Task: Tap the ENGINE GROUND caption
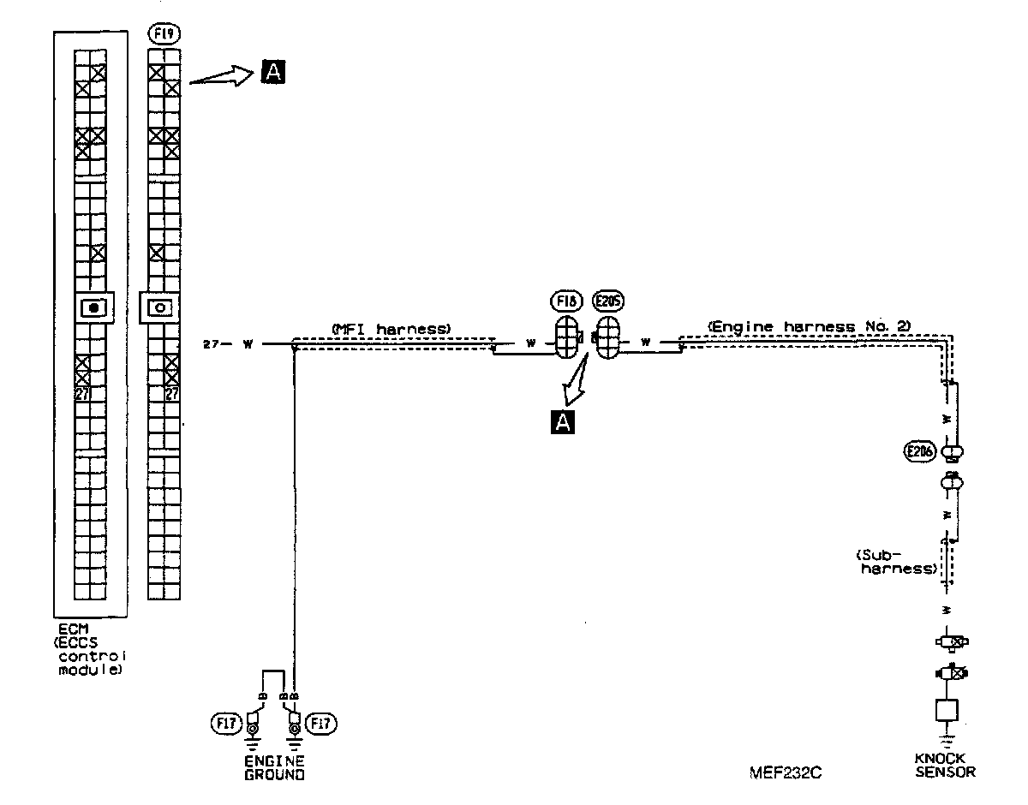click(x=273, y=768)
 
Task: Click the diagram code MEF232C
click(x=786, y=772)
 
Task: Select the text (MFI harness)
click(x=390, y=328)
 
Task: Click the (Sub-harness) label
click(x=899, y=561)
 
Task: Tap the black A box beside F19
click(x=272, y=73)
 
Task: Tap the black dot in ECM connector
click(x=93, y=307)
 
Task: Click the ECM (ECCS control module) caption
click(x=88, y=651)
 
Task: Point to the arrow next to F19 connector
click(x=220, y=77)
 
